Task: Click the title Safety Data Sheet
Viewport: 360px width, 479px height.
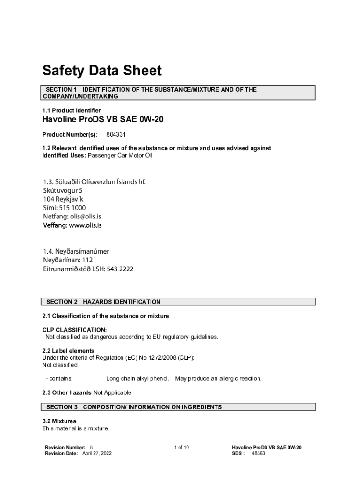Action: (102, 71)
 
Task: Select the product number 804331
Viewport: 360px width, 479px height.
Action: (116, 135)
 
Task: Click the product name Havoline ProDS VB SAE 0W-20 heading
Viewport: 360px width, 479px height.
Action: (103, 120)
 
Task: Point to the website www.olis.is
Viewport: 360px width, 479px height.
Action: (85, 225)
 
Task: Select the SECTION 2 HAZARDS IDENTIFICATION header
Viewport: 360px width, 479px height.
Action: (103, 302)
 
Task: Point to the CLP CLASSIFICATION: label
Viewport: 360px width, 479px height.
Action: (75, 330)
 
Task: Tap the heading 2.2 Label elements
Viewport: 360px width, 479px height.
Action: (68, 351)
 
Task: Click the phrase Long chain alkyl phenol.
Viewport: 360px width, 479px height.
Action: (137, 378)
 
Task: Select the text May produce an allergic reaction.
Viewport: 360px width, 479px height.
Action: (218, 378)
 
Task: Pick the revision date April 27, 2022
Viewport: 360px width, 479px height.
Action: (97, 454)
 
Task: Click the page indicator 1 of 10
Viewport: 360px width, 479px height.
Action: (181, 448)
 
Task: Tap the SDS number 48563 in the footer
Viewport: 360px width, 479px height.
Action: (259, 454)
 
